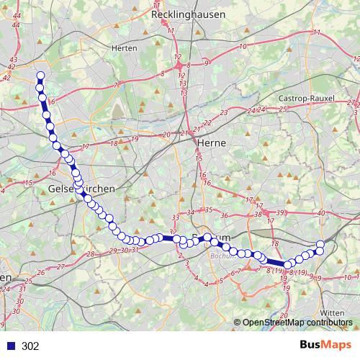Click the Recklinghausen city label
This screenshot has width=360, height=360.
coord(188,14)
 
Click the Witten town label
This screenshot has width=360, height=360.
coord(331,312)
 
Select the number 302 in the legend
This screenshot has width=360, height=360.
coord(30,346)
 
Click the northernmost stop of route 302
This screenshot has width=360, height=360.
coord(40,76)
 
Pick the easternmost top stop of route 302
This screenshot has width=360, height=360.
coord(320,244)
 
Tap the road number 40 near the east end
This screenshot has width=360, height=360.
coord(321,212)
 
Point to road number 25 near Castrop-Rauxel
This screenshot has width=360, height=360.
coord(283,109)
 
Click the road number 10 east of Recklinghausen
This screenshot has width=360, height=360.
coord(243,47)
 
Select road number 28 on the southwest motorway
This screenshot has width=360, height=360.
coord(90,254)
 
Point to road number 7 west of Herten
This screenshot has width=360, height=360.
coord(116,85)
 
